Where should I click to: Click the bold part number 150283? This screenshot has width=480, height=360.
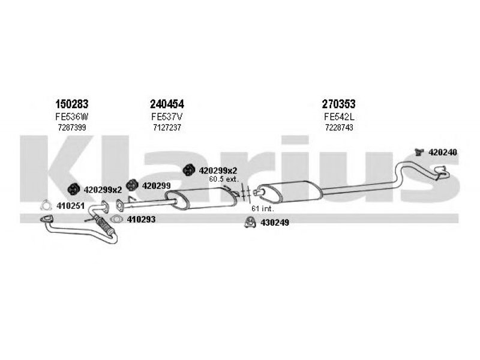[71, 104]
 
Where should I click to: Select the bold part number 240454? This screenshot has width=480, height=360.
[167, 104]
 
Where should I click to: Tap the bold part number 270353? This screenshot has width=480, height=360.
[338, 104]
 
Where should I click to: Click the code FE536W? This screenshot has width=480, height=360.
[72, 116]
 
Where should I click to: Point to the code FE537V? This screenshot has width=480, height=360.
[167, 116]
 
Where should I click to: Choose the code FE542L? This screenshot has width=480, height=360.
[339, 116]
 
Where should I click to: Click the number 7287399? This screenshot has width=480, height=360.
[72, 127]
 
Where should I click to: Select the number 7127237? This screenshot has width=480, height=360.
[167, 127]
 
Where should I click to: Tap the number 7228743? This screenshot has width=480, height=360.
[339, 127]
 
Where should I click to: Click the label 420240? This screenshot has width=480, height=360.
[443, 152]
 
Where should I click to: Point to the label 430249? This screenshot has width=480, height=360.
[275, 223]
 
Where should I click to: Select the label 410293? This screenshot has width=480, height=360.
[141, 219]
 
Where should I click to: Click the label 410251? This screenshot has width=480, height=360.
[70, 206]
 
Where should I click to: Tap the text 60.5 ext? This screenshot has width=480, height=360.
[223, 179]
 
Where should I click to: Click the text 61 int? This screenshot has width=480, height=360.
[263, 209]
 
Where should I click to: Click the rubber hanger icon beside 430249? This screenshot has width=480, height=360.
[250, 222]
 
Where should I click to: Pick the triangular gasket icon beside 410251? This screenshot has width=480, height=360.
[46, 205]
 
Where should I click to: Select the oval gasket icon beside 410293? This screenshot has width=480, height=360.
[116, 219]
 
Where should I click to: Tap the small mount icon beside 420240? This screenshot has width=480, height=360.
[419, 152]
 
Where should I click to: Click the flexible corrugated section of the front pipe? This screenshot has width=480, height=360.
[104, 225]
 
